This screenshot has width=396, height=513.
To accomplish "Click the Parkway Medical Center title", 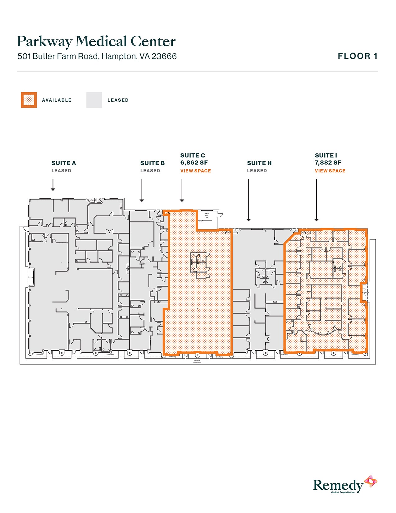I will click(96, 42).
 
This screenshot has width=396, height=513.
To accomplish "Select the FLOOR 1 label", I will click(357, 56).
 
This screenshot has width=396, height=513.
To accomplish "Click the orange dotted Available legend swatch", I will click(29, 100).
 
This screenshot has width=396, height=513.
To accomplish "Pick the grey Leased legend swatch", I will click(94, 100).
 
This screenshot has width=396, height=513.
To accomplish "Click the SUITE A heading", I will click(64, 163).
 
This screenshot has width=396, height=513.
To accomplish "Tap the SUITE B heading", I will click(152, 163).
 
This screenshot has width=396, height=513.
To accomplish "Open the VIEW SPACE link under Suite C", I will click(195, 171).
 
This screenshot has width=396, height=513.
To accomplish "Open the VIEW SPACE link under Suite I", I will click(330, 171).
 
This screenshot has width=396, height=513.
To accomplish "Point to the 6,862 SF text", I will click(194, 163).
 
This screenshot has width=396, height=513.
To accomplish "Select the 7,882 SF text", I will click(328, 163).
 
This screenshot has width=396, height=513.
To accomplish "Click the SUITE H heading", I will click(259, 163).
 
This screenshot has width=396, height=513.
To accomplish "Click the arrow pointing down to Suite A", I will click(53, 185).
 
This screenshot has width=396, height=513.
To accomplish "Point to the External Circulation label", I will click(197, 361).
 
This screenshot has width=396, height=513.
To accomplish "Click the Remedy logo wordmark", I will click(338, 485).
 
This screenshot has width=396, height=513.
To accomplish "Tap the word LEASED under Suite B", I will click(150, 171).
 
